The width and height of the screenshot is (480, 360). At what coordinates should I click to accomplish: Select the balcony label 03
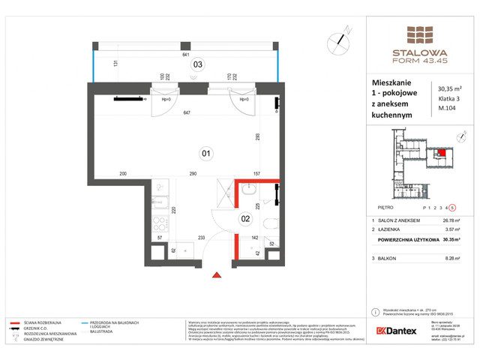click(x=198, y=64)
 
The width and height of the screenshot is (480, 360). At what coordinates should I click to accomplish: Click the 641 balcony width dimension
click(x=184, y=54)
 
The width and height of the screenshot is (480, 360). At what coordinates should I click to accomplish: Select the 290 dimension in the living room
click(x=193, y=174)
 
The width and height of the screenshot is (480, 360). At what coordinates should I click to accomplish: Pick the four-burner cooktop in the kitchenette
click(x=160, y=222)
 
